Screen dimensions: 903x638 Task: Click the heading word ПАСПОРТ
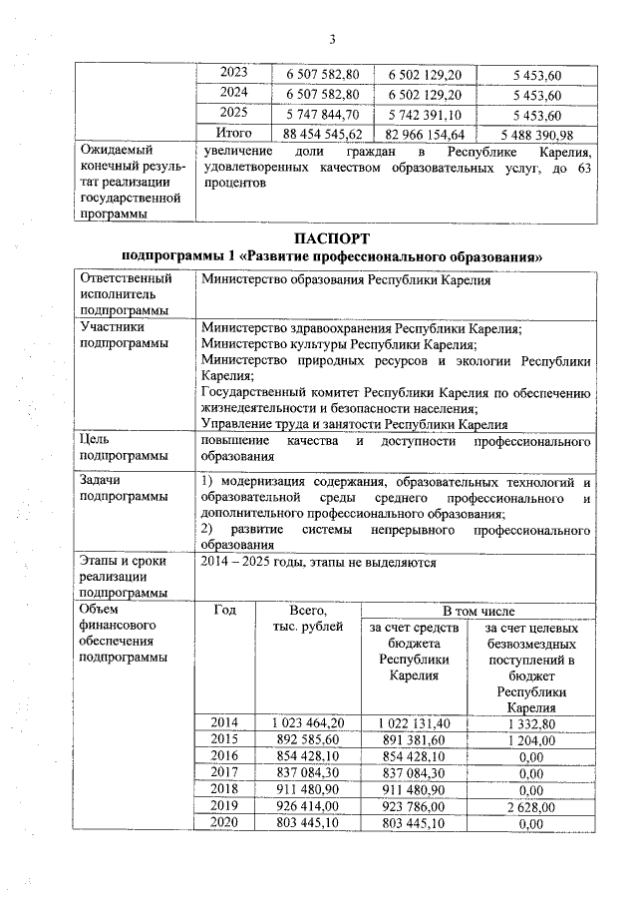tap(332, 239)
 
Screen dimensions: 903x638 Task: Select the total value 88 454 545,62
tap(323, 134)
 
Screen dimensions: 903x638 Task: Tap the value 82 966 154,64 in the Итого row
tap(425, 134)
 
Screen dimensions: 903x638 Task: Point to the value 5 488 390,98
tap(537, 134)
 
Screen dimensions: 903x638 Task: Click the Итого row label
tap(234, 134)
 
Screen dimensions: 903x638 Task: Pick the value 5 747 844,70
tap(323, 115)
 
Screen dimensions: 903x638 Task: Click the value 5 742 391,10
tap(425, 115)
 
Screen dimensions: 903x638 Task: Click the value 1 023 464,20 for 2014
tap(307, 722)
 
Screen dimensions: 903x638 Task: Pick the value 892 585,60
tap(307, 739)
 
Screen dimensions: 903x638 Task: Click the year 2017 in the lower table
tap(225, 773)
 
